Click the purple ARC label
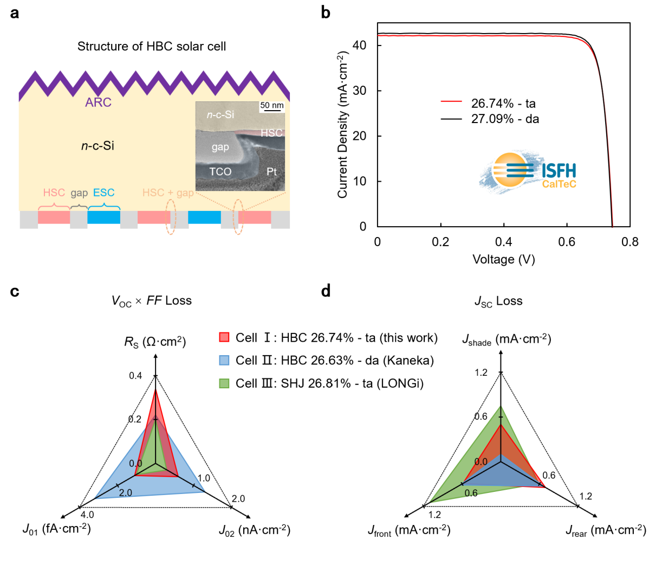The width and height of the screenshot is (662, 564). click(98, 102)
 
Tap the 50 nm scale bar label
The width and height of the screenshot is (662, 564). click(272, 105)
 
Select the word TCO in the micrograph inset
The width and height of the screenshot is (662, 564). click(220, 172)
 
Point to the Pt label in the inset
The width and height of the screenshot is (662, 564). click(271, 172)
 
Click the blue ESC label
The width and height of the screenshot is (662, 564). click(103, 193)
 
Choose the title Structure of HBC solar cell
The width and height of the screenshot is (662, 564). click(152, 47)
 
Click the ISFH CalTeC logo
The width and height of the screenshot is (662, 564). click(528, 171)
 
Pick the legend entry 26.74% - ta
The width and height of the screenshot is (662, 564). click(503, 104)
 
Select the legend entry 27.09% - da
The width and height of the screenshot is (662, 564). click(505, 119)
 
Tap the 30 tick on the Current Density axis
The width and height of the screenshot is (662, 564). click(359, 91)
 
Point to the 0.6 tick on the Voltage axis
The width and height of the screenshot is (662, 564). click(567, 242)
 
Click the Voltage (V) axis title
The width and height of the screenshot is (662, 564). click(504, 259)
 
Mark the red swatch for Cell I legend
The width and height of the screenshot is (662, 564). click(224, 337)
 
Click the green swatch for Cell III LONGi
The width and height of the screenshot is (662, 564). click(224, 383)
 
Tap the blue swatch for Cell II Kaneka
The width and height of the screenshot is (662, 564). click(224, 361)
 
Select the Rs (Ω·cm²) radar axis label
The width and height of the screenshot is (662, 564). click(155, 342)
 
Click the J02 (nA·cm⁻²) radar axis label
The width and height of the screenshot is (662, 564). click(255, 530)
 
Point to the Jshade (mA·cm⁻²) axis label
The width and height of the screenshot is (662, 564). click(507, 339)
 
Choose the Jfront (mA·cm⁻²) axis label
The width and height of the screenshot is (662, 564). click(409, 530)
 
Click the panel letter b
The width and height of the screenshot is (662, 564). click(326, 12)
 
